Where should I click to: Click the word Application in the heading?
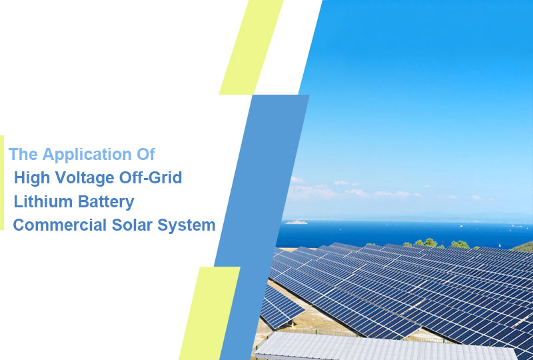[87, 155]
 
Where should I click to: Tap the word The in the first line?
[23, 155]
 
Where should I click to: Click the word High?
[30, 178]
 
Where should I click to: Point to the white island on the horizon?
[296, 222]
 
